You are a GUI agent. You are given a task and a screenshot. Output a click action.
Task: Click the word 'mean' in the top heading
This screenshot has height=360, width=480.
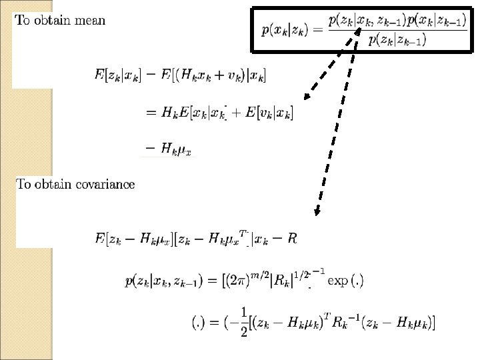coord(89,20)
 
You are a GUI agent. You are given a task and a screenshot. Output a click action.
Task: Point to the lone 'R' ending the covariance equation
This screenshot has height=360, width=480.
coord(293,238)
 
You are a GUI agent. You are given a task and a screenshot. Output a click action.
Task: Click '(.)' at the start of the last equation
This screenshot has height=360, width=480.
coord(198,323)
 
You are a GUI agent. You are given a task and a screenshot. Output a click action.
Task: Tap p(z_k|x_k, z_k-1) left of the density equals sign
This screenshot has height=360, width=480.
coord(165,281)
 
